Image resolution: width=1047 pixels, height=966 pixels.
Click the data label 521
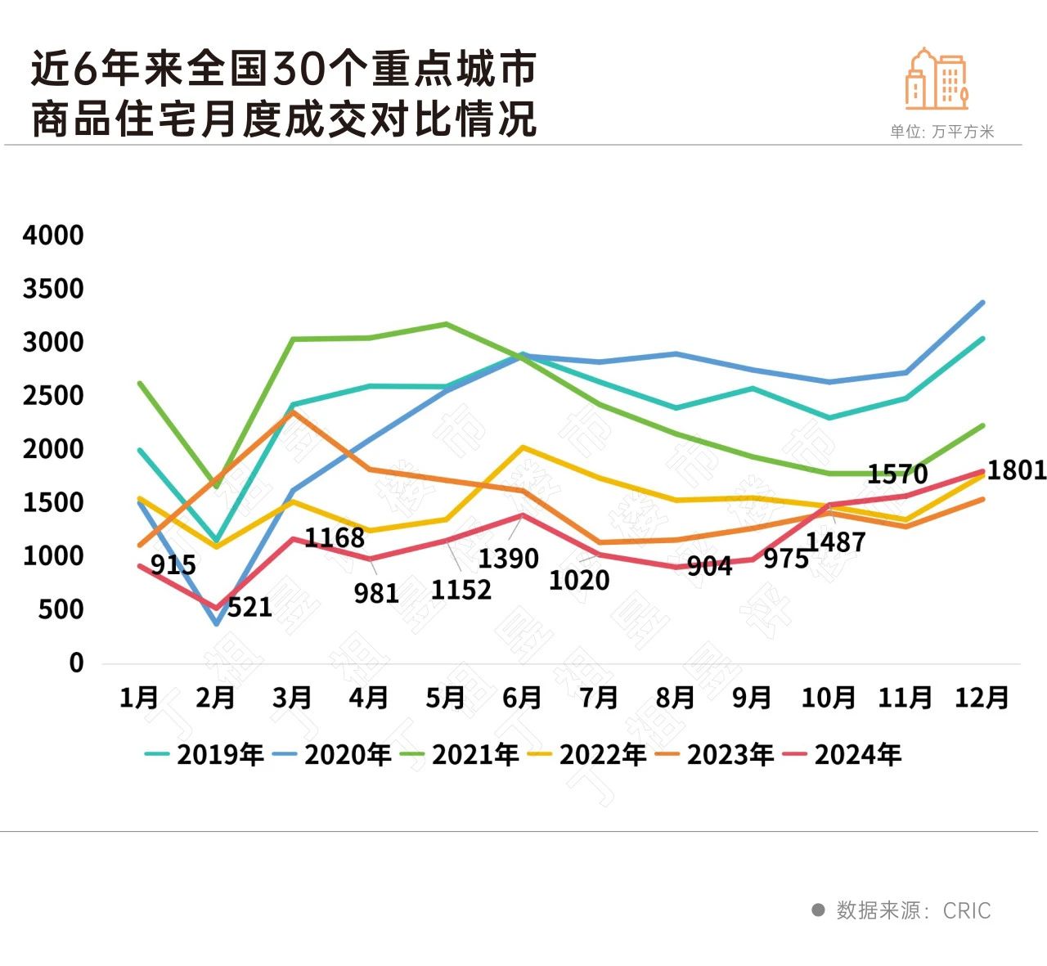tap(249, 608)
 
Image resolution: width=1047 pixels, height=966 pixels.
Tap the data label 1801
tap(1016, 470)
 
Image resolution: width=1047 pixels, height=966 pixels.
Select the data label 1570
tap(897, 474)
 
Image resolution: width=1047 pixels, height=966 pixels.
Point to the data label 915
tap(173, 565)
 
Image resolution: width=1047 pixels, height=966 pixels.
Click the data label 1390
tap(508, 559)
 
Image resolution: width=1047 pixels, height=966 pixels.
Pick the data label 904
tap(709, 566)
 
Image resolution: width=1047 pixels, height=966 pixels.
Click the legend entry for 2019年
tap(204, 754)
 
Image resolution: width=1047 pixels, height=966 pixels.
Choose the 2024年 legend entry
tap(843, 754)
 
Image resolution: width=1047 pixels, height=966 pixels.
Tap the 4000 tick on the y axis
tap(53, 236)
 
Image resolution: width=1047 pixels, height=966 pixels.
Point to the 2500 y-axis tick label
tap(53, 396)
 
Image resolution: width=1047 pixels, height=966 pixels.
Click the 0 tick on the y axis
tap(76, 663)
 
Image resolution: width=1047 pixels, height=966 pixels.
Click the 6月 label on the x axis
tap(522, 698)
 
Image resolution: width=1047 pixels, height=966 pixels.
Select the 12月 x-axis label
tap(982, 698)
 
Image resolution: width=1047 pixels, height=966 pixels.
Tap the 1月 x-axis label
tap(139, 698)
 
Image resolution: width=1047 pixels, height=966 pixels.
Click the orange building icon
tap(937, 79)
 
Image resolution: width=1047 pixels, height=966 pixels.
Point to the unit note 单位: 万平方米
tap(941, 132)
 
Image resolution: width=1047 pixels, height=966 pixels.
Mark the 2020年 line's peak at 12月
tap(982, 303)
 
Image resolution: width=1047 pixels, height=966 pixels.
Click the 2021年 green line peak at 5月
tap(446, 324)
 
